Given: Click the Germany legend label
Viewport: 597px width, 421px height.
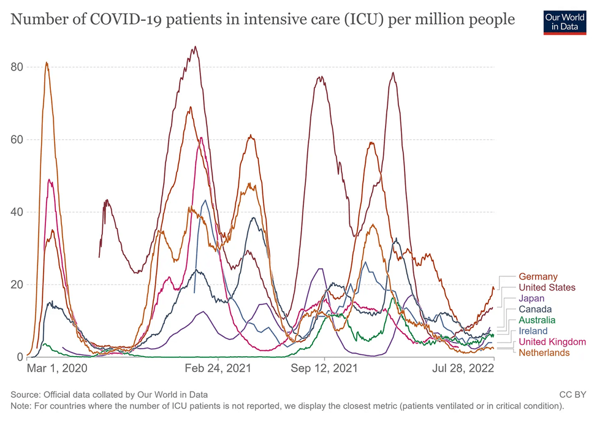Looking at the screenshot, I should click(538, 277).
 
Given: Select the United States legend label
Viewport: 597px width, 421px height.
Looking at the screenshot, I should click(547, 287).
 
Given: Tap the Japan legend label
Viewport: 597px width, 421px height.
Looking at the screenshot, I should click(531, 298).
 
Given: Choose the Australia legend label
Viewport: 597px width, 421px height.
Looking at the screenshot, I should click(537, 320).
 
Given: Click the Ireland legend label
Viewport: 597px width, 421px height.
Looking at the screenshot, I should click(533, 331).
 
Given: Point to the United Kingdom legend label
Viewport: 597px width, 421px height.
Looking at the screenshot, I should click(552, 342).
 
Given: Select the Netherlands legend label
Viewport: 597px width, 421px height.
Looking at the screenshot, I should click(544, 352).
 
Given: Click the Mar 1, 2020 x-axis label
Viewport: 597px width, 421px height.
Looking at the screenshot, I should click(57, 369).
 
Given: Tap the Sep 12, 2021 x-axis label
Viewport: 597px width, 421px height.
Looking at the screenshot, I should click(325, 369).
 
